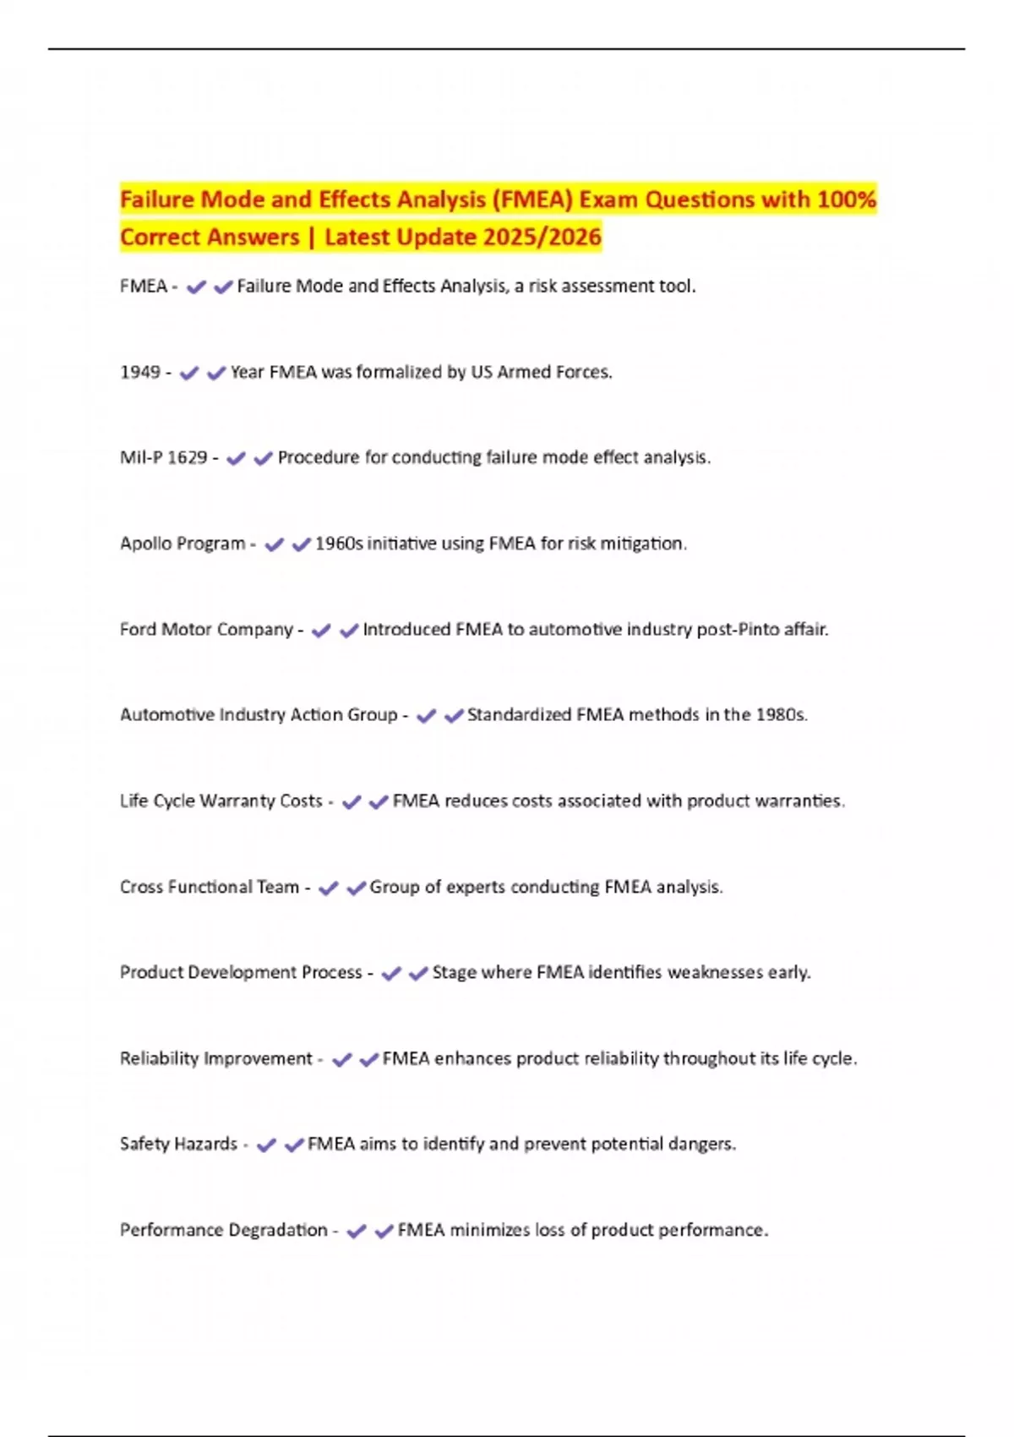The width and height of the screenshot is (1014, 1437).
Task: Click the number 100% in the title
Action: pos(847,199)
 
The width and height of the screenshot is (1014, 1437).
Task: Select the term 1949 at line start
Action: pos(139,372)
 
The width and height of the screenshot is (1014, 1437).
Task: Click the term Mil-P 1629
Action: pos(163,457)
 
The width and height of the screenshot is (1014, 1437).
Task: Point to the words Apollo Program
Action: pos(183,544)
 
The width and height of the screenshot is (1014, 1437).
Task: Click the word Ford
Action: pos(138,629)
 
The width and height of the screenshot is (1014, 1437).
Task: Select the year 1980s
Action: pos(781,715)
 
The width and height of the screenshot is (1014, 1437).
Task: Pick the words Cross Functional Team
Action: pos(210,887)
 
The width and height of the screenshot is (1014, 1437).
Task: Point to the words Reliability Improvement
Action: pos(216,1058)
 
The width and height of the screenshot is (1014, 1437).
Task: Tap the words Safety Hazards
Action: pos(178,1144)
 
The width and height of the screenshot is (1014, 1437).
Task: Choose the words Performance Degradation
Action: pos(223,1230)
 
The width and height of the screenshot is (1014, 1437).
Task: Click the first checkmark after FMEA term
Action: pos(196,287)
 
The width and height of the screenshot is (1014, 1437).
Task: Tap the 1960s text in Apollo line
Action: pos(339,544)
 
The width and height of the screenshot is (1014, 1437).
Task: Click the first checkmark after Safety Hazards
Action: pos(266,1145)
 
